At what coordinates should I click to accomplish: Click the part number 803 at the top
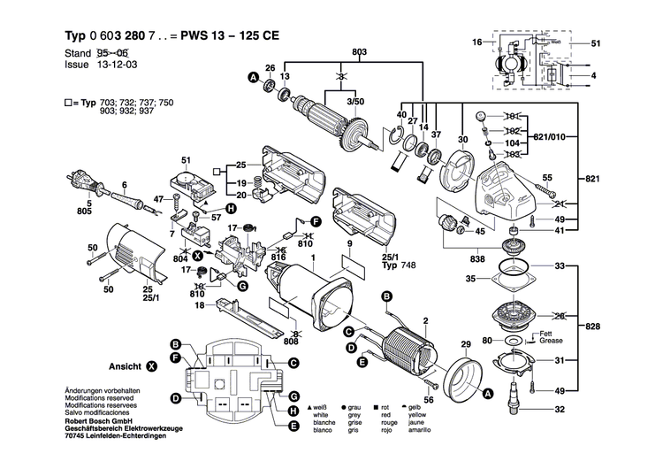click(359, 53)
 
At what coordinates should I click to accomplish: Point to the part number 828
click(592, 327)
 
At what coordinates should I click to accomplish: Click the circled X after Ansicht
click(152, 365)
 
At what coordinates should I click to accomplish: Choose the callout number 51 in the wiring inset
click(595, 43)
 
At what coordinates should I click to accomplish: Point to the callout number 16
click(476, 42)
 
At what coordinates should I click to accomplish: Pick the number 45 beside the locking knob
click(480, 232)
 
